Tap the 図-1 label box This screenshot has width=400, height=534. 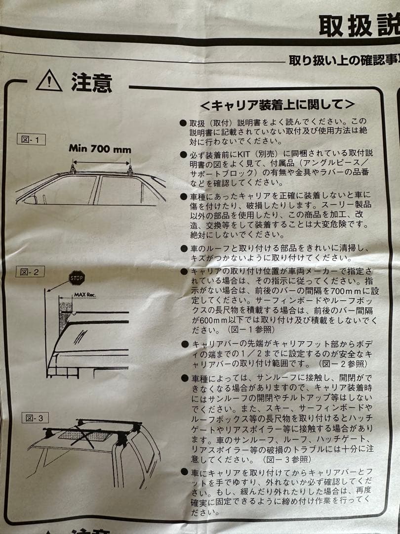tap(31, 139)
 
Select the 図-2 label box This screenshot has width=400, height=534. tap(31, 271)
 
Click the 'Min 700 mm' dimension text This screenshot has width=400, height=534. tap(100, 148)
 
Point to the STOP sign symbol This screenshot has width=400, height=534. tap(77, 277)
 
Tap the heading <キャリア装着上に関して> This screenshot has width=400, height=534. tap(277, 105)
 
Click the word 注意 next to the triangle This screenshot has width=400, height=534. tap(91, 82)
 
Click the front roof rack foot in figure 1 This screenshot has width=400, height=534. tap(73, 170)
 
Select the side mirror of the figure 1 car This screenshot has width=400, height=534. tap(29, 200)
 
